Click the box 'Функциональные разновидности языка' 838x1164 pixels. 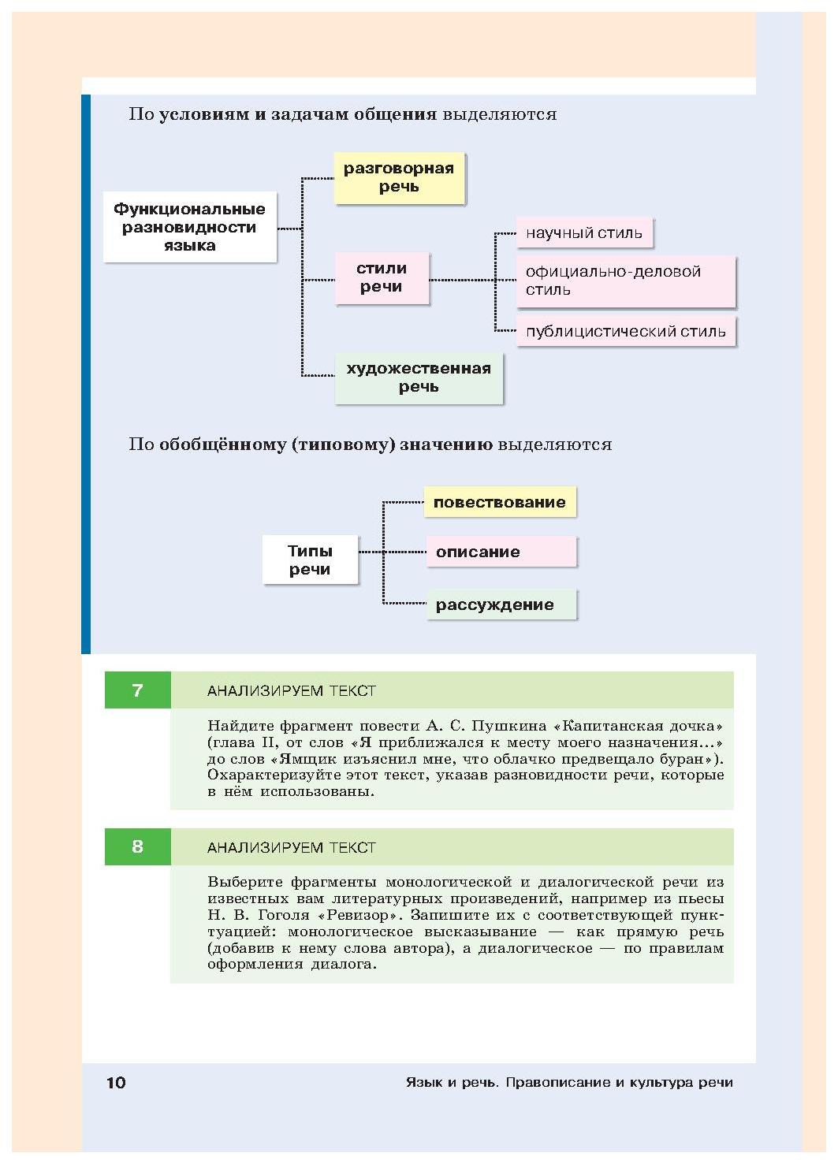click(x=190, y=227)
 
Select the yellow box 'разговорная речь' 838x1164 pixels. click(x=399, y=178)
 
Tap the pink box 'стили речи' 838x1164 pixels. click(x=382, y=278)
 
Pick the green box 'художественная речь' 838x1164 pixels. click(x=419, y=377)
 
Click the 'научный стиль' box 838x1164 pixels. click(x=584, y=232)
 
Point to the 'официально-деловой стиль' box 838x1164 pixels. click(x=626, y=281)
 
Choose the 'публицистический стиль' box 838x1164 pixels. click(x=626, y=332)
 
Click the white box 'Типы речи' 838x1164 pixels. click(x=310, y=560)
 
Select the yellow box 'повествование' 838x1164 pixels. click(x=500, y=502)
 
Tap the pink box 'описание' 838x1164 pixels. click(x=501, y=552)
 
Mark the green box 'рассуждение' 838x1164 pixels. click(x=501, y=604)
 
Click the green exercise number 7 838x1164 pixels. click(x=137, y=690)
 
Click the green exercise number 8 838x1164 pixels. click(x=137, y=846)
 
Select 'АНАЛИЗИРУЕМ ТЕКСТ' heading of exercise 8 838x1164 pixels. click(x=291, y=847)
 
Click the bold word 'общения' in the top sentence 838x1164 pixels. click(x=395, y=114)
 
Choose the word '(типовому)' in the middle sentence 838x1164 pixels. click(x=344, y=444)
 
